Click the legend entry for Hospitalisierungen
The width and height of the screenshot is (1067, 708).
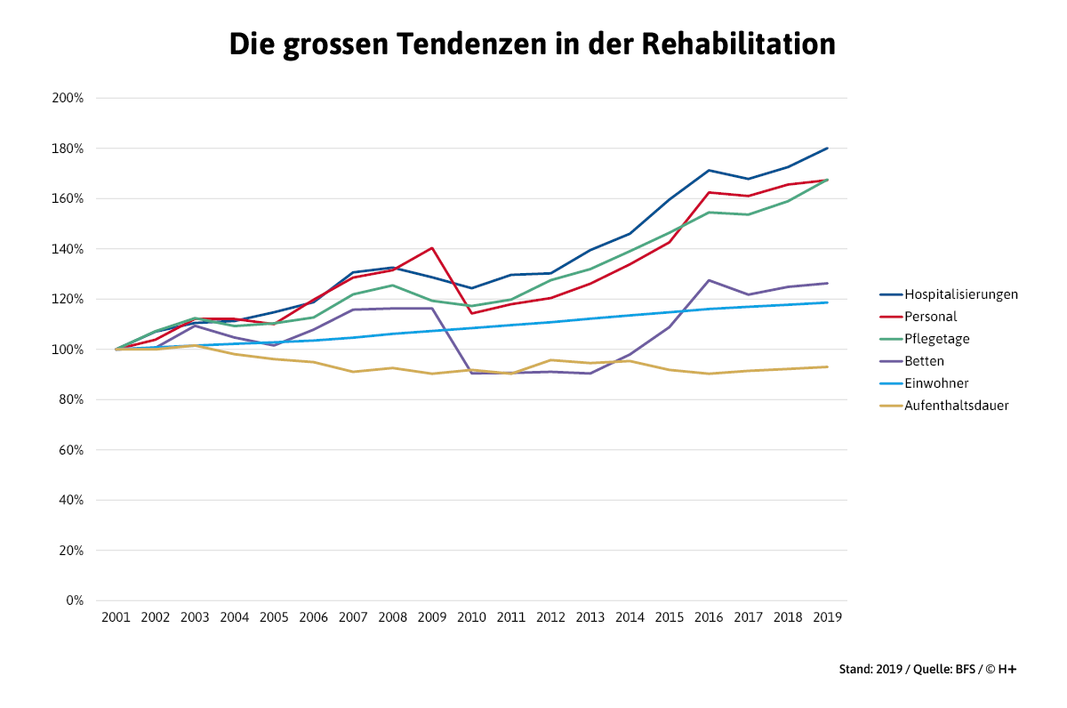click(960, 294)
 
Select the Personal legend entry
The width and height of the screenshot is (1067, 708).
click(931, 317)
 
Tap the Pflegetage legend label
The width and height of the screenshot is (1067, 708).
click(936, 339)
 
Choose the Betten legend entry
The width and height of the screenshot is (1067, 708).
click(925, 361)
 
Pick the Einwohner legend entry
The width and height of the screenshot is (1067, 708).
click(936, 383)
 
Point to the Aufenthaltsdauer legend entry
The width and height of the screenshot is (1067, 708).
click(956, 406)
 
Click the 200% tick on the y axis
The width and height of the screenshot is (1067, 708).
click(68, 98)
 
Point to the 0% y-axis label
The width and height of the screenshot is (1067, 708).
click(75, 600)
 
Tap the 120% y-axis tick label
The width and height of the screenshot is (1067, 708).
click(68, 299)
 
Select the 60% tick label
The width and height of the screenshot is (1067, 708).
click(71, 450)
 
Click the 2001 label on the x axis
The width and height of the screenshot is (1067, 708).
click(116, 616)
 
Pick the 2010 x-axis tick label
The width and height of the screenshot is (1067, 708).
click(471, 616)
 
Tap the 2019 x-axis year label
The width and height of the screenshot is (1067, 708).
click(827, 616)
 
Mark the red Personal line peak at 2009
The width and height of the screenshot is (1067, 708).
click(432, 248)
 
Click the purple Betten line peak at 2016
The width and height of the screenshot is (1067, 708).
click(709, 280)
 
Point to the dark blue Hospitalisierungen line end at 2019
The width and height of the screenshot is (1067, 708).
click(827, 149)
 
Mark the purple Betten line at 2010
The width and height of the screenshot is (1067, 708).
click(471, 373)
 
